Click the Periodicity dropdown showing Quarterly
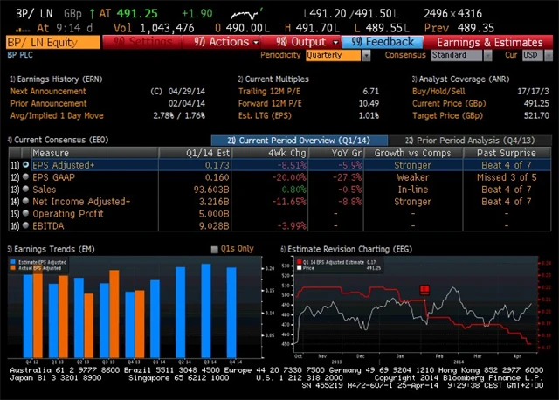[333, 55]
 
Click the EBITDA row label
[52, 226]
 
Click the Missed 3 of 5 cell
[506, 176]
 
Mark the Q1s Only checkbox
[216, 249]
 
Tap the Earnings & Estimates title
[489, 42]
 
